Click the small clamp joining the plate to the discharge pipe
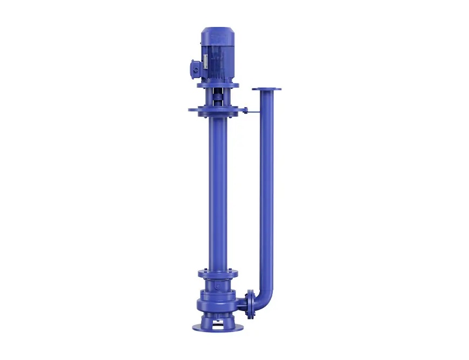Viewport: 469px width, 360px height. (246, 112)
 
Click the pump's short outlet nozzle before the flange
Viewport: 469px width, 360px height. (243, 303)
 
